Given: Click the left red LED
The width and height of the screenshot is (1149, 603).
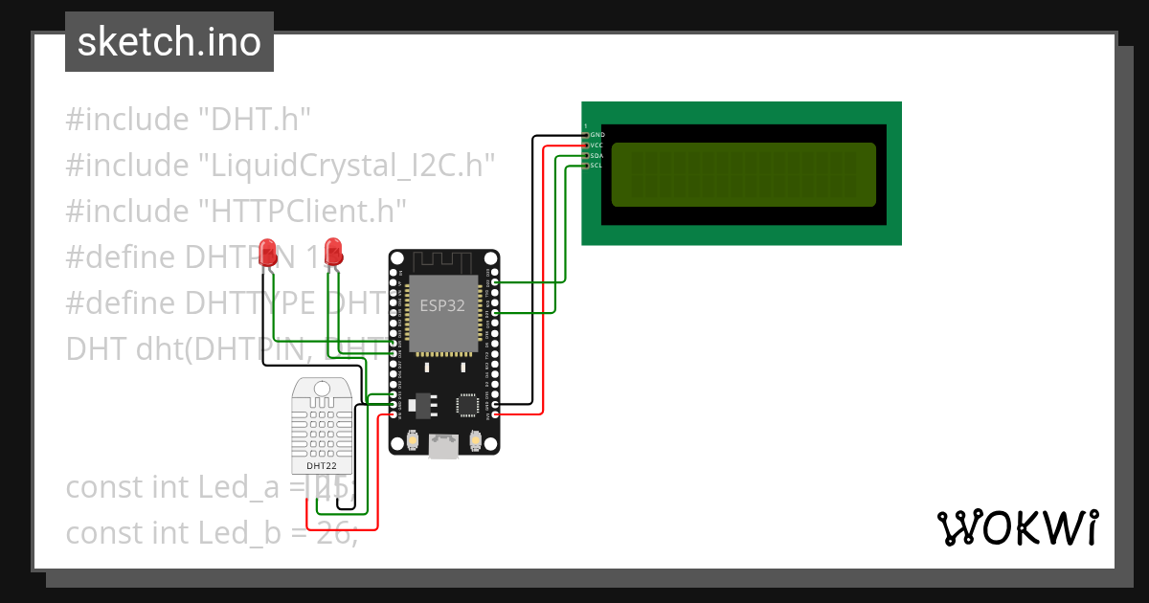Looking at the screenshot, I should coord(268,251).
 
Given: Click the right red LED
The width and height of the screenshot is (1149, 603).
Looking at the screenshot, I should coord(333,251).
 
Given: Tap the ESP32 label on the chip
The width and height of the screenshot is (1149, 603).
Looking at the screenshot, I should coord(442,305).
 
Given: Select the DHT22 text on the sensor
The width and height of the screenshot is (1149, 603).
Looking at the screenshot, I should coord(321,466).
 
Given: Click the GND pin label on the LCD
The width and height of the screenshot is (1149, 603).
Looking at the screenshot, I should coord(597,135).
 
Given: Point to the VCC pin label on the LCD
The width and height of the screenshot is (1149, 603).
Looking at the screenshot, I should coord(597,145).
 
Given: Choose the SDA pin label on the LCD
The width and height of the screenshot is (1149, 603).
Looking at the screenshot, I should coord(597,155).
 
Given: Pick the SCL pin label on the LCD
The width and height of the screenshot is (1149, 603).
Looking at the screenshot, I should coord(597,166).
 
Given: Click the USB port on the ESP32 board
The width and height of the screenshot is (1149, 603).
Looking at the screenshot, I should coord(444,445).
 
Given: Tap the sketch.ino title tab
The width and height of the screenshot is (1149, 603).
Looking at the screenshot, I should coord(169,42).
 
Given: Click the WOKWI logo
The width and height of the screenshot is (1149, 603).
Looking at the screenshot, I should coord(1017,527).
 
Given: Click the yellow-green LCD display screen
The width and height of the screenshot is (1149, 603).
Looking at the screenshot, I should coord(743,175).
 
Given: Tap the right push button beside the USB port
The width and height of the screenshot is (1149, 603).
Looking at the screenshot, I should coord(476,440).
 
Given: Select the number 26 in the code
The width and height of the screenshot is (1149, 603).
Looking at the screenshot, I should coord(333,533).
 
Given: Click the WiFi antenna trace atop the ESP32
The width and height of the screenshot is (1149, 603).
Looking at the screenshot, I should coord(442,261).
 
